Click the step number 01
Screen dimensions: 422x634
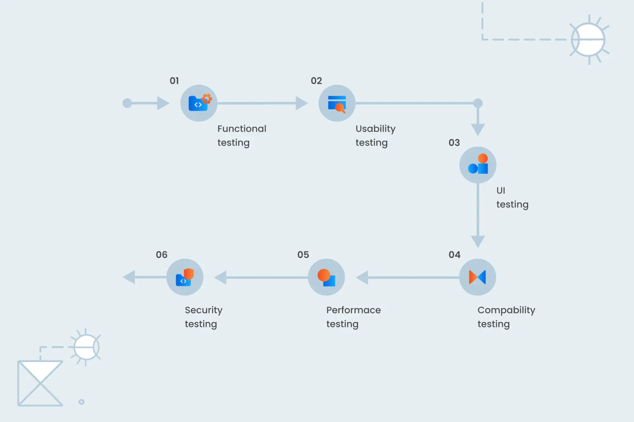pos(174,81)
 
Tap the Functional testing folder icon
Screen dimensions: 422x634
pos(199,103)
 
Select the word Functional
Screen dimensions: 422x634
pos(242,129)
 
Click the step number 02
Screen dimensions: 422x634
pos(316,81)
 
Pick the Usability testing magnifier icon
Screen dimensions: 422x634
pos(337,104)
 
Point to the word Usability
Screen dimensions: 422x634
pos(375,129)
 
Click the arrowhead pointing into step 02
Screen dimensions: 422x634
pos(301,103)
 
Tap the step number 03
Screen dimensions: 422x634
pos(454,142)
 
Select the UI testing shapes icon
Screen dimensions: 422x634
pos(478,165)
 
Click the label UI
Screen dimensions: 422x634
pos(501,191)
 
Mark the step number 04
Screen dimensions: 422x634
pos(454,255)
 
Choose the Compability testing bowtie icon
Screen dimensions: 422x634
pos(477,277)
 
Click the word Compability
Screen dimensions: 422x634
pos(506,310)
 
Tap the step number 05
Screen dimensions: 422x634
pos(303,255)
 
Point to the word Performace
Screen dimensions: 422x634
pos(353,310)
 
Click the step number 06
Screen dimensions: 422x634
pos(161,255)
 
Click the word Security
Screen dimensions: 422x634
pos(203,310)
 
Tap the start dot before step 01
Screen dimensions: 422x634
pos(127,103)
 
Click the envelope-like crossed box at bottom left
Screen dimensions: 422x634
pos(40,383)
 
